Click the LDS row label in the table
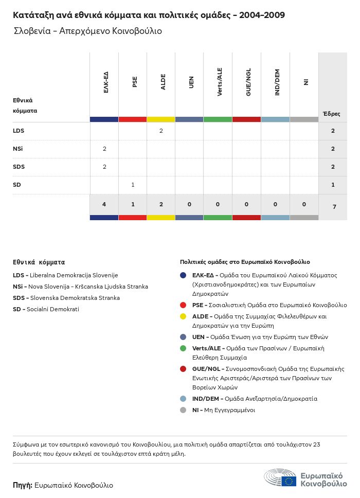19,131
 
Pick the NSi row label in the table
18,149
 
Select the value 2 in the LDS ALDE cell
161,131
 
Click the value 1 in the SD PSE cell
133,185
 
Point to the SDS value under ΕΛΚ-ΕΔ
104,167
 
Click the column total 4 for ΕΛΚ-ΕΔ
104,204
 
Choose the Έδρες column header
331,114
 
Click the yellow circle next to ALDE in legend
183,316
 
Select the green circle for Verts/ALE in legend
183,348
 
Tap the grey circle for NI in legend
183,410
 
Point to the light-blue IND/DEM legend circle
183,399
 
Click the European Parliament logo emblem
280,478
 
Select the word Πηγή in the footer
23,485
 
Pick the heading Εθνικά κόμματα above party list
39,262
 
